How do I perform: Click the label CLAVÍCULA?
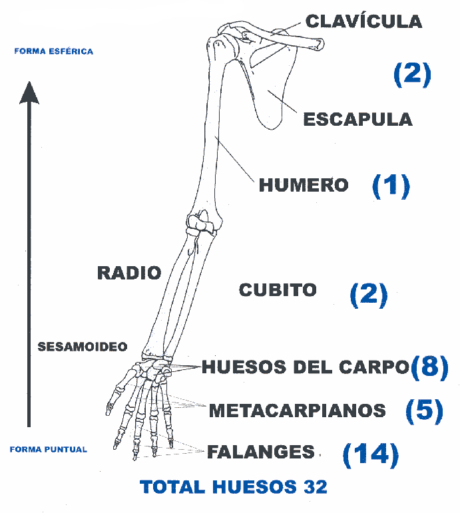pyautogui.click(x=363, y=21)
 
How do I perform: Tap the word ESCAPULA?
pyautogui.click(x=357, y=120)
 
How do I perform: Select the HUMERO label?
pyautogui.click(x=304, y=185)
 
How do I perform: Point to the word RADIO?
pyautogui.click(x=129, y=273)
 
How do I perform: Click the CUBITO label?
pyautogui.click(x=277, y=290)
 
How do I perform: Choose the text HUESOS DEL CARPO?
pyautogui.click(x=305, y=367)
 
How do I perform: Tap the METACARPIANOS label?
pyautogui.click(x=298, y=411)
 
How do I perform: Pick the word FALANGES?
pyautogui.click(x=261, y=452)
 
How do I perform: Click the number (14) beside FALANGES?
pyautogui.click(x=370, y=455)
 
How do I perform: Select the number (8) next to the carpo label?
pyautogui.click(x=429, y=367)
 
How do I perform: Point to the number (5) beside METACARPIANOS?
pyautogui.click(x=424, y=411)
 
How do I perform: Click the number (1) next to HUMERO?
pyautogui.click(x=390, y=186)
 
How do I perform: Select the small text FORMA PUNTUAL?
pyautogui.click(x=48, y=449)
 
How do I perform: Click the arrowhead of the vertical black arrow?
pyautogui.click(x=29, y=92)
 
